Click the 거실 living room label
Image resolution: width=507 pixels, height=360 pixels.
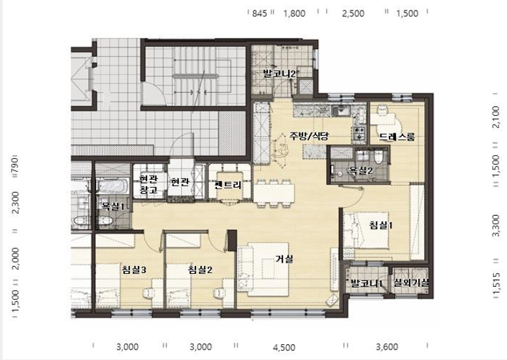(x=284, y=259)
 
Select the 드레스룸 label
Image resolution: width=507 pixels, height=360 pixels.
(x=397, y=137)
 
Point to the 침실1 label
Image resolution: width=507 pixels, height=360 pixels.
(x=382, y=225)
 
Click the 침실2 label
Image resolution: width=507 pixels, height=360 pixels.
(x=201, y=270)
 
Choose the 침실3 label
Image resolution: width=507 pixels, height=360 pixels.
(x=133, y=270)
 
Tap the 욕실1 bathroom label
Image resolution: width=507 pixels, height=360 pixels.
(x=112, y=206)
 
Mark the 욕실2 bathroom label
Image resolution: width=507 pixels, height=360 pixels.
(x=361, y=171)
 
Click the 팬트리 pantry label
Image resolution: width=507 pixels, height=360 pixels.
(x=227, y=185)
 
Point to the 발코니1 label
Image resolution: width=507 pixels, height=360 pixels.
(x=366, y=284)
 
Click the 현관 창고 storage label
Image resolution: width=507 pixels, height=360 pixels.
(x=148, y=184)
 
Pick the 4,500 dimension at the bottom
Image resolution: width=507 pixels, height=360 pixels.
(x=284, y=348)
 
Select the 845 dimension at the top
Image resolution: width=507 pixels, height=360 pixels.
(x=260, y=13)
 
